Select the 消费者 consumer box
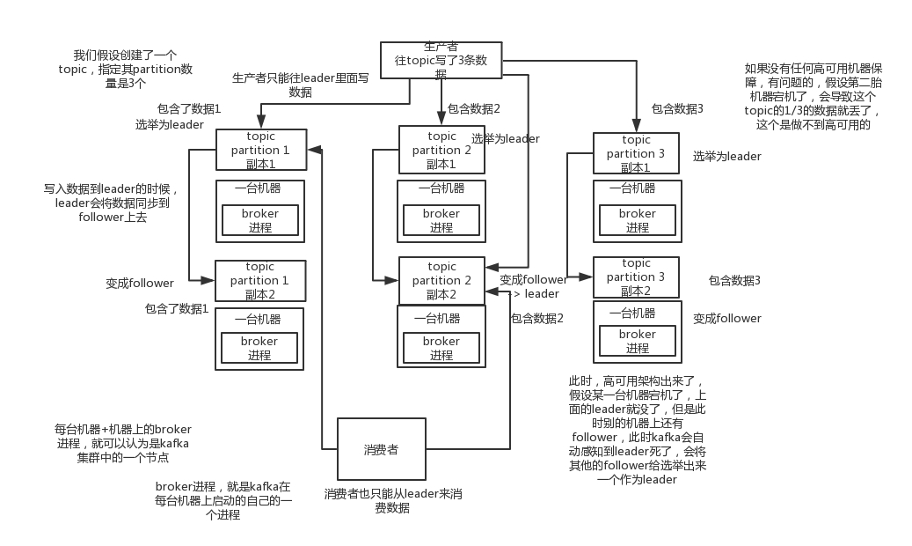pyautogui.click(x=381, y=448)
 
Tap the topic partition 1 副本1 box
pyautogui.click(x=260, y=151)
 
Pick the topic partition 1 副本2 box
pyautogui.click(x=260, y=280)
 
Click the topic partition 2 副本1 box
pyautogui.click(x=441, y=150)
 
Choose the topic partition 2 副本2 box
pyautogui.click(x=441, y=280)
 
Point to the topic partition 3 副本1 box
pyautogui.click(x=636, y=153)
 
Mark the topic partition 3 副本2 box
pyautogui.click(x=636, y=277)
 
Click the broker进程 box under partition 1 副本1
pyautogui.click(x=260, y=220)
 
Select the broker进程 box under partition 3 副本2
pyautogui.click(x=637, y=341)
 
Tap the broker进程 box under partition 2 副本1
pyautogui.click(x=441, y=220)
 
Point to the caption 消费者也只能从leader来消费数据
pyautogui.click(x=392, y=501)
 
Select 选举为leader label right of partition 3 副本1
pyautogui.click(x=726, y=157)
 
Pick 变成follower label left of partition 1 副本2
pyautogui.click(x=140, y=284)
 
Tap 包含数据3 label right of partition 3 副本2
pyautogui.click(x=734, y=281)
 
